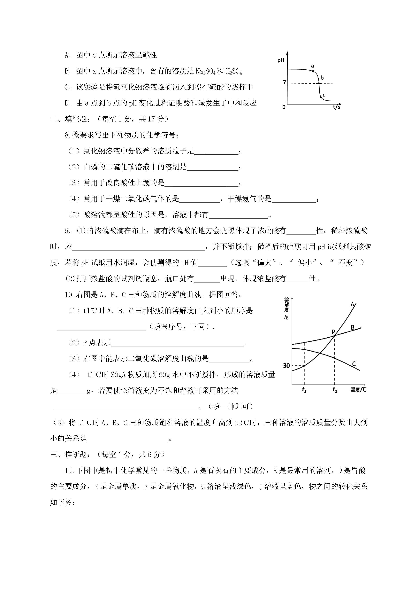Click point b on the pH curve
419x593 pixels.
[319, 83]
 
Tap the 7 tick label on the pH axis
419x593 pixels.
[284, 83]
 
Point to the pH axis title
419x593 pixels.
[281, 60]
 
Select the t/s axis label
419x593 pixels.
[336, 107]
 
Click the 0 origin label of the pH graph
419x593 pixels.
[284, 107]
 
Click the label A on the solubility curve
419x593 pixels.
[353, 305]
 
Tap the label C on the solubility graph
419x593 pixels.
[354, 364]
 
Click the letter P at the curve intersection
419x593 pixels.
[333, 331]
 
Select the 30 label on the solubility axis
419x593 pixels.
[286, 366]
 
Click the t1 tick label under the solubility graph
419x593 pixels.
[304, 390]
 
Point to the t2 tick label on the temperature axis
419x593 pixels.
[335, 390]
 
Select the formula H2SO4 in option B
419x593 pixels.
[234, 72]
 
